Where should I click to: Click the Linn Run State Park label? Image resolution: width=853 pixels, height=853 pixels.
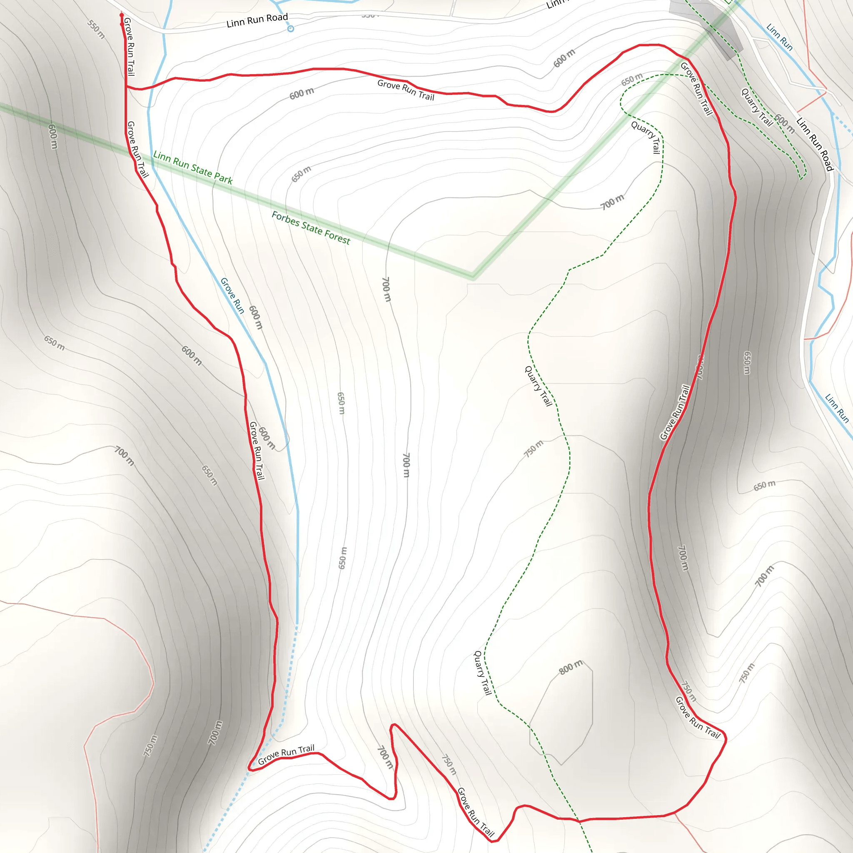pos(192,167)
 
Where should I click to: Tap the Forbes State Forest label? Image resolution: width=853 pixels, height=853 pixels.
pos(310,228)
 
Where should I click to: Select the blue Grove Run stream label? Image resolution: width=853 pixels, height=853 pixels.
pos(232,295)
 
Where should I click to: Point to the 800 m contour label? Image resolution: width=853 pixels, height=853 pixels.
pos(571,667)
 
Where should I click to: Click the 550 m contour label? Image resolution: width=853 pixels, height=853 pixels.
pos(96,29)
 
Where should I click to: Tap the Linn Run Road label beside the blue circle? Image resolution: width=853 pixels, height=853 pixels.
pos(257,20)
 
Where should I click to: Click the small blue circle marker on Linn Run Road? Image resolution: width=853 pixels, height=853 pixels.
pos(291,29)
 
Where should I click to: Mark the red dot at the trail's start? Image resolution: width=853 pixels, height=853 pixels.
pos(122,15)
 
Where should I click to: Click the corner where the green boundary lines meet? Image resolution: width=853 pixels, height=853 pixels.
pos(473,277)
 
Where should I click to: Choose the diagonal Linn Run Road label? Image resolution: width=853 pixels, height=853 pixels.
pos(815,144)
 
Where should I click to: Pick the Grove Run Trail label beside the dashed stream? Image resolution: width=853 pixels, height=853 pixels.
pos(286,755)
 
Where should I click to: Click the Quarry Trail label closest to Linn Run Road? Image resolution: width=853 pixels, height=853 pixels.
pos(756,107)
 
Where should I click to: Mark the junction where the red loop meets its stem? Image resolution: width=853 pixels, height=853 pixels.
pos(127,87)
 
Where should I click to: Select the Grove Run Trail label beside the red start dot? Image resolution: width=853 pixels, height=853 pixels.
pos(130,46)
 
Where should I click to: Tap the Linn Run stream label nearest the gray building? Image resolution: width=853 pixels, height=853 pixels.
pos(779,37)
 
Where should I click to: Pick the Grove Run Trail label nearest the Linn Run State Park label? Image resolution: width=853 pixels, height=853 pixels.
pos(137,150)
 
